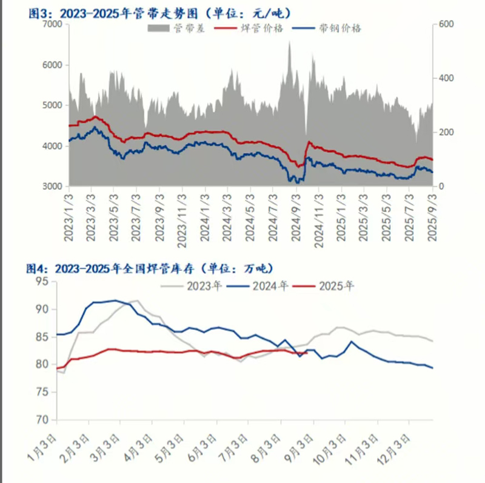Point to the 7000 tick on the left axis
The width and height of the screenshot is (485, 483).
click(x=52, y=24)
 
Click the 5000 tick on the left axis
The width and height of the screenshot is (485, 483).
click(x=52, y=105)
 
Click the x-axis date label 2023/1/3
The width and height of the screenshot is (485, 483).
click(x=69, y=218)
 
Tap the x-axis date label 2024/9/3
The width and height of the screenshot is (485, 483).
click(x=296, y=218)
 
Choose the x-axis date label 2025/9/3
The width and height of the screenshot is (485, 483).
click(x=432, y=218)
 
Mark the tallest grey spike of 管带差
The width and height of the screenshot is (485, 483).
click(x=289, y=42)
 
